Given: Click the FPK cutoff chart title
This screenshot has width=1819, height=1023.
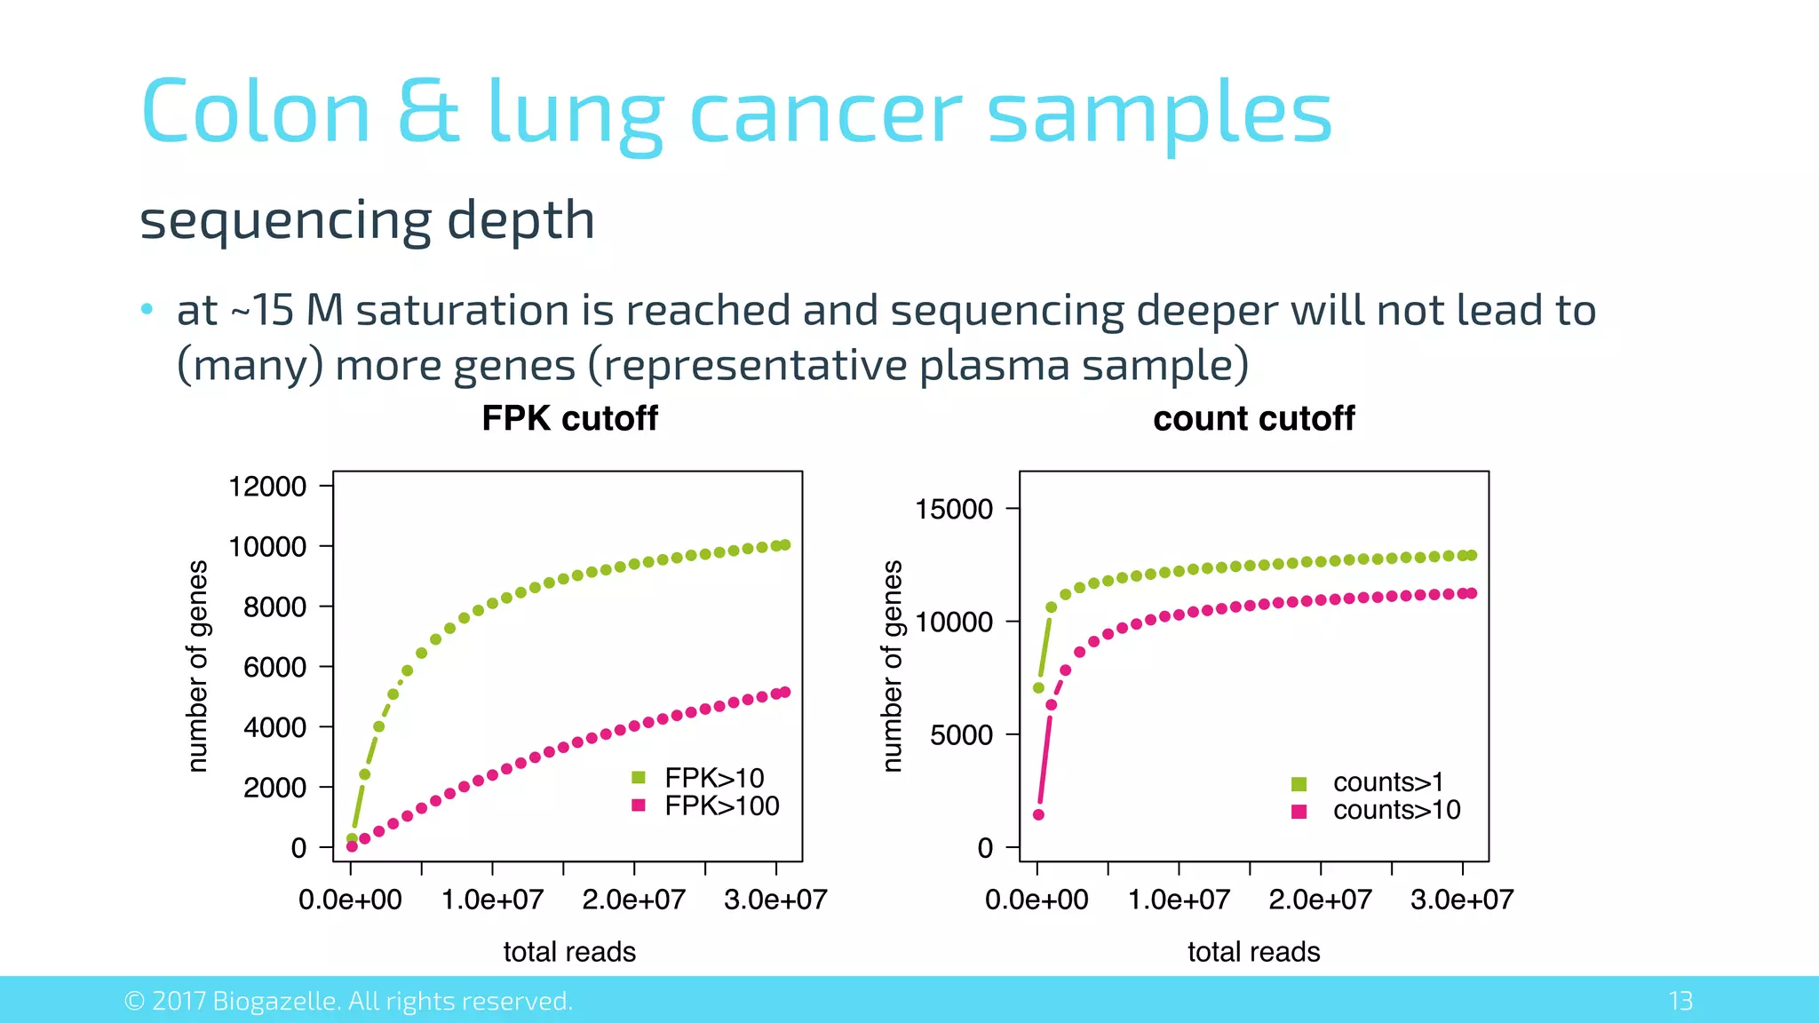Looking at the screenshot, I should (x=569, y=418).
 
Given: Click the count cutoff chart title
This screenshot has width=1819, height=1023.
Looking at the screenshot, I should (x=1253, y=418).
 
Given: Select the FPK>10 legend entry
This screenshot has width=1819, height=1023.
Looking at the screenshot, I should (x=713, y=778).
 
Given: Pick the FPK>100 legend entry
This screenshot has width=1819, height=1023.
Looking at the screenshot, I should (x=721, y=805).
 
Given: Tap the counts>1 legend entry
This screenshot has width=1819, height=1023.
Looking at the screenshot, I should (x=1387, y=782).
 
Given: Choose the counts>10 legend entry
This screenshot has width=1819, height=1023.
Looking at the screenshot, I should (x=1396, y=810).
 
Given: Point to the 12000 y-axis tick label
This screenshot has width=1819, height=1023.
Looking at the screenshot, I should (x=267, y=487).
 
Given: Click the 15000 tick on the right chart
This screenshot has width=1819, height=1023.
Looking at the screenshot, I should (x=954, y=509).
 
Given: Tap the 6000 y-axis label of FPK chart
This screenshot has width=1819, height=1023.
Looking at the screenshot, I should (x=274, y=667).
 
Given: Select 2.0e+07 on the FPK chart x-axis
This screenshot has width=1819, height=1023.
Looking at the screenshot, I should (x=633, y=900).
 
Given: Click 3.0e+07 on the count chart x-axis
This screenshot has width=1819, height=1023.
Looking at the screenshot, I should (x=1461, y=900).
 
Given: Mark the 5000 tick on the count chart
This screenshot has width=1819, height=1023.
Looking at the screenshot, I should (x=961, y=734).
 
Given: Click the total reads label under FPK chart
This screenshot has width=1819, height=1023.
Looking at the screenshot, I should (x=569, y=952).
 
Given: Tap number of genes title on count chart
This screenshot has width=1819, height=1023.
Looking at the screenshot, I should (x=893, y=666).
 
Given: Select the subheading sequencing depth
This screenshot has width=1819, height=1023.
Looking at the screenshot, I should (x=367, y=220).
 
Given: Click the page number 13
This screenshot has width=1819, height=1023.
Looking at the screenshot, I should (x=1680, y=1001).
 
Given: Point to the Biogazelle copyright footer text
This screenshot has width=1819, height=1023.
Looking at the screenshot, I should (x=348, y=1001).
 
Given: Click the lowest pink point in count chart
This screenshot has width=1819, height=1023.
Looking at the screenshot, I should (x=1038, y=814).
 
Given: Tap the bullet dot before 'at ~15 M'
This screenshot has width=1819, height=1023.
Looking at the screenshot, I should (x=147, y=310).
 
